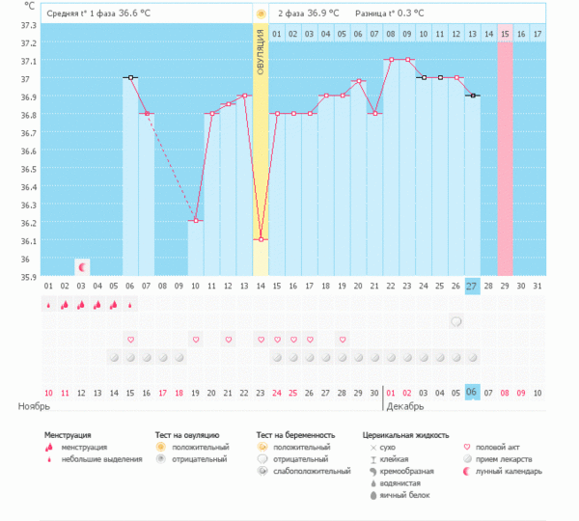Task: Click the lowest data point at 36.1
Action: click(x=261, y=239)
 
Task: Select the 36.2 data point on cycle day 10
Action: click(x=195, y=221)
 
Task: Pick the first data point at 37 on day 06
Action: click(x=130, y=77)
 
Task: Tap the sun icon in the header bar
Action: click(x=261, y=14)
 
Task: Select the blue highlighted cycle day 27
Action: click(x=471, y=286)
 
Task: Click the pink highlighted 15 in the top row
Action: click(x=505, y=35)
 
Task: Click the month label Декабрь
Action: click(x=403, y=407)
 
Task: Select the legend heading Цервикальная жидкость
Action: click(x=405, y=435)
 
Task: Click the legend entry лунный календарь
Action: click(x=510, y=471)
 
